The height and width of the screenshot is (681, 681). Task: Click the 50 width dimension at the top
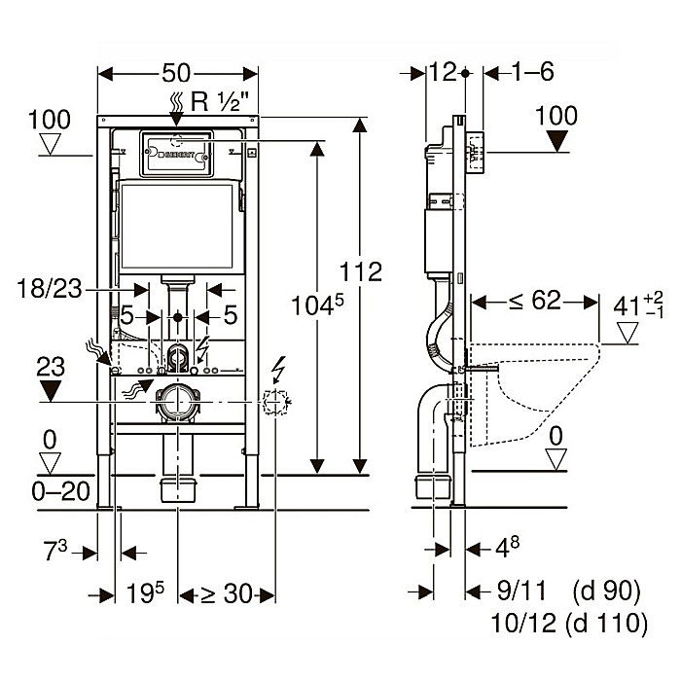pos(177,74)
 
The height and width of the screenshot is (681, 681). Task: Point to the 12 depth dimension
pos(444,72)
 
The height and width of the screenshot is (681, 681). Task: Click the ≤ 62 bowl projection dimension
pos(532,301)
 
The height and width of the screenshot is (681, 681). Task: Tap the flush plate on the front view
pos(177,152)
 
